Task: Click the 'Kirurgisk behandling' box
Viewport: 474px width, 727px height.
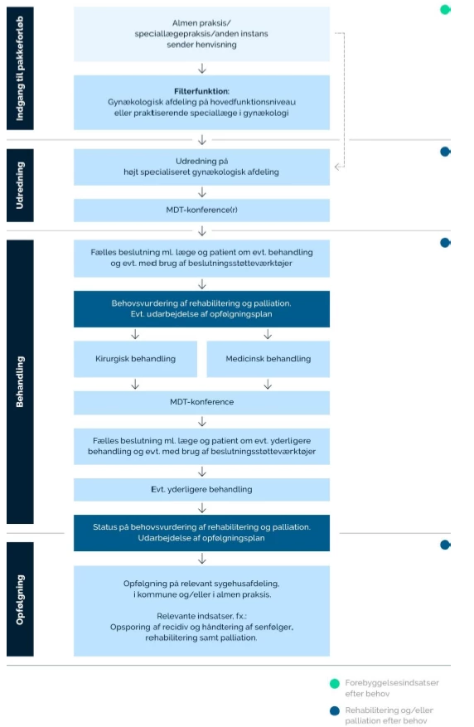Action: pos(135,359)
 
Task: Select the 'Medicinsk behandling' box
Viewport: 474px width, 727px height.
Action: pos(268,359)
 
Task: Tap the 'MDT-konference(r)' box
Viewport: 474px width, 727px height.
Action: pos(201,210)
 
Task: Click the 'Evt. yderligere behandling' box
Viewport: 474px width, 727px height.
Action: pos(201,490)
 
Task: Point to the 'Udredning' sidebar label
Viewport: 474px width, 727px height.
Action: pos(20,186)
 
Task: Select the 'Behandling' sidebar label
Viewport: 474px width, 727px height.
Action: pos(20,381)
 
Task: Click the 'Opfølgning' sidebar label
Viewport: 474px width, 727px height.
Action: pos(20,599)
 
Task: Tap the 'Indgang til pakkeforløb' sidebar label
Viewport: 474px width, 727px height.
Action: pos(20,68)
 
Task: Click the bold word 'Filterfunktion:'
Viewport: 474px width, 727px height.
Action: pos(201,91)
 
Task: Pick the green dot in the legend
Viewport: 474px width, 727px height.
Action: pos(335,683)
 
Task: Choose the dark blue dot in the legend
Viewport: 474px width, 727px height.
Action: pos(335,710)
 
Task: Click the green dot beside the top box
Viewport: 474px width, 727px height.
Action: pos(445,9)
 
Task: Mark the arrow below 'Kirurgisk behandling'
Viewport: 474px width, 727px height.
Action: pos(135,385)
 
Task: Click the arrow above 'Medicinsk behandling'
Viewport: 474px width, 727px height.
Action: pos(268,334)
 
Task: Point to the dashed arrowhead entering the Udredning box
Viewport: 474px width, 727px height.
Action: pos(337,167)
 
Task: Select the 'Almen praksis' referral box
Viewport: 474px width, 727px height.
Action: pos(201,34)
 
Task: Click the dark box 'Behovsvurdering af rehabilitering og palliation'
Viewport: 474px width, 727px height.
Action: pos(201,309)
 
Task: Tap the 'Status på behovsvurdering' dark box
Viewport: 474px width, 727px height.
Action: pos(201,533)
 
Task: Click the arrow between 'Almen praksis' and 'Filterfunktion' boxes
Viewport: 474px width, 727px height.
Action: pos(202,69)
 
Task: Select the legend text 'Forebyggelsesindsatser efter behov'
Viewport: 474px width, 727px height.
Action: pos(392,688)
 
